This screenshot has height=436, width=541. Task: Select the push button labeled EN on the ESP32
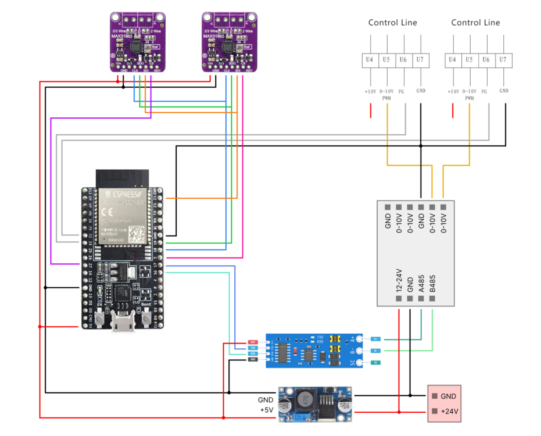tap(101, 319)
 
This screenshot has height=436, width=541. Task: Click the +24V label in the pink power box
tap(450, 412)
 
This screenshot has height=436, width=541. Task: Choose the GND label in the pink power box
tap(449, 396)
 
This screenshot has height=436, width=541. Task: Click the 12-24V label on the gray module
tap(399, 280)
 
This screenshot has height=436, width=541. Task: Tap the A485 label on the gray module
tap(421, 282)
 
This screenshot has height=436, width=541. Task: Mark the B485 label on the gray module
tap(432, 282)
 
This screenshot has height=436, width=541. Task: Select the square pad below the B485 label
tap(432, 299)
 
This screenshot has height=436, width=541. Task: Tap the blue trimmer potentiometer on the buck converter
tap(342, 402)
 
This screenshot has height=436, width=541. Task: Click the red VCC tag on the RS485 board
tap(253, 342)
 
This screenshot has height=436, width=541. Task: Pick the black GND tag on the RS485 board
tap(253, 359)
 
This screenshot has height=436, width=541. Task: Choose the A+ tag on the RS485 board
tap(375, 338)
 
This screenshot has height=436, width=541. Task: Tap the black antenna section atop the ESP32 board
tap(123, 177)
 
